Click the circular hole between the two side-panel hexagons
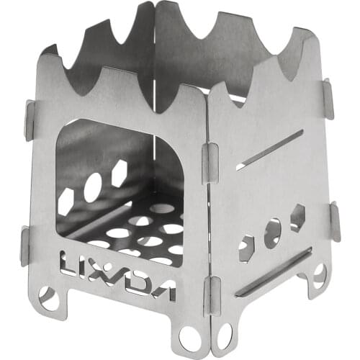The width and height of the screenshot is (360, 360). [x=273, y=233]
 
